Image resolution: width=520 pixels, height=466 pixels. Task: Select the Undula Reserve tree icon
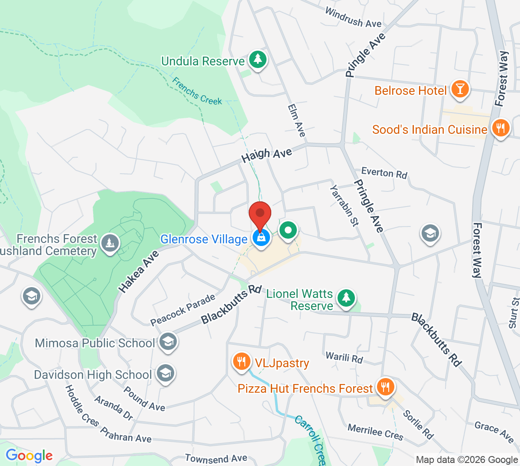click(258, 59)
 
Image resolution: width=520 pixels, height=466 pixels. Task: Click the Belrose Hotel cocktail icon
click(460, 89)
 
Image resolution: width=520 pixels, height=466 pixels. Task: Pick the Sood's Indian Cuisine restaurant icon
click(500, 128)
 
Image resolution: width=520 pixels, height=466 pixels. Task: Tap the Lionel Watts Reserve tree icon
click(346, 298)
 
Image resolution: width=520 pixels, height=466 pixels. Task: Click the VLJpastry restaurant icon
click(241, 361)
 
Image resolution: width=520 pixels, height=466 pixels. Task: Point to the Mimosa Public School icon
click(168, 341)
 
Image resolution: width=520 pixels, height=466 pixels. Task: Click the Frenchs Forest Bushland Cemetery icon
click(110, 243)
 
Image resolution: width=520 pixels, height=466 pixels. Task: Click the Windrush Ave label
click(353, 18)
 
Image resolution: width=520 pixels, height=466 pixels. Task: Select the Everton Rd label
click(384, 173)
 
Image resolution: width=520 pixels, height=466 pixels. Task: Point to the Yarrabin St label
click(344, 205)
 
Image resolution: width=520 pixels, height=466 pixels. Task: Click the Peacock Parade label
click(183, 310)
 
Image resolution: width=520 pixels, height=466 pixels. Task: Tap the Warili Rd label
click(344, 358)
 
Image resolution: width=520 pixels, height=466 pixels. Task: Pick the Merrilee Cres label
click(375, 432)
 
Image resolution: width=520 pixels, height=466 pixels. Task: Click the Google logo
click(29, 456)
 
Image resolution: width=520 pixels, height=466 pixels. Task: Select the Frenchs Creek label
click(197, 91)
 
